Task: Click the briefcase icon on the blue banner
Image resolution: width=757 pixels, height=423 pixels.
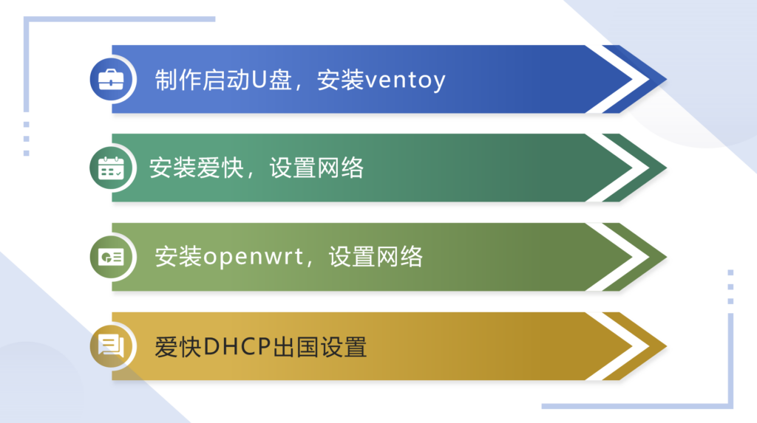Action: [x=111, y=80]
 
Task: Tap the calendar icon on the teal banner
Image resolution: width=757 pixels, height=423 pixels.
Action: [x=111, y=168]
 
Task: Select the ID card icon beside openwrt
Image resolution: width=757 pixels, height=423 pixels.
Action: [x=111, y=257]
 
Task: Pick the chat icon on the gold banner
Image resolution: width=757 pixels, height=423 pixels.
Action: [x=111, y=345]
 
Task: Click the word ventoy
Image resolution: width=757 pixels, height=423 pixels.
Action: [x=405, y=80]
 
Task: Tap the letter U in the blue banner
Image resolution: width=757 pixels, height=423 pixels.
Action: [x=259, y=80]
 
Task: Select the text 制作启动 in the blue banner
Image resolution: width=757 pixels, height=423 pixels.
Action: [x=202, y=80]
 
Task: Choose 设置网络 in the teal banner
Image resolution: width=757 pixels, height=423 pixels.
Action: [x=316, y=168]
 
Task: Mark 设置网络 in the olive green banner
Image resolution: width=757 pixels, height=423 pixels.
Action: [x=376, y=257]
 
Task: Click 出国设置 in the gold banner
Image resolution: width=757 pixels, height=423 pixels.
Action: [x=319, y=347]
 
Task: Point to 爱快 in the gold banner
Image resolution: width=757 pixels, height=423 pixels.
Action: [x=178, y=347]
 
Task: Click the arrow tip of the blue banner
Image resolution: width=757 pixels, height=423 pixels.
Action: [x=666, y=79]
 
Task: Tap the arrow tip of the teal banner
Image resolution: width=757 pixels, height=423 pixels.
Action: [x=666, y=168]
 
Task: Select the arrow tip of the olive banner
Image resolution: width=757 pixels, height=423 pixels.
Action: [x=666, y=257]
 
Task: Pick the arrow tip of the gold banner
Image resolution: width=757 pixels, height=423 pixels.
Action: [x=666, y=345]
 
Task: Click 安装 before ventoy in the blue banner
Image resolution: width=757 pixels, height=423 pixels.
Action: [x=340, y=80]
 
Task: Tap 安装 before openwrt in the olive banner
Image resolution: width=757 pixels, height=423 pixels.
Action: [x=178, y=257]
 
